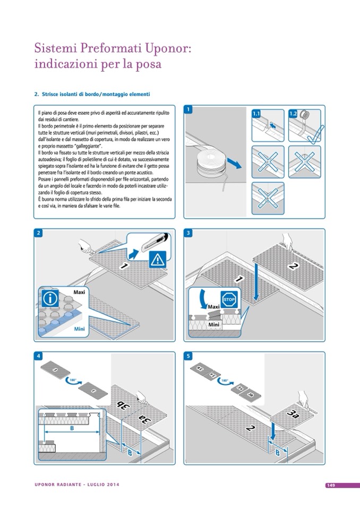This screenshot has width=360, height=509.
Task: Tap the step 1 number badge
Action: (x=188, y=109)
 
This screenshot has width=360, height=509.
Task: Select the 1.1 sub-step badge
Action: (x=257, y=113)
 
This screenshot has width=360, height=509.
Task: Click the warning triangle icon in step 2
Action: (x=157, y=259)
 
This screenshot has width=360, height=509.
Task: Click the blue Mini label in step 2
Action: (x=78, y=329)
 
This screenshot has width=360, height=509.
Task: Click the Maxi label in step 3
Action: (x=213, y=306)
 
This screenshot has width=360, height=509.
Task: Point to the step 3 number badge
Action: (x=188, y=233)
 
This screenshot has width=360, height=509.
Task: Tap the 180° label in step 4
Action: (x=73, y=379)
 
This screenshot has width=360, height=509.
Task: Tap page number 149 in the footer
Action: (x=329, y=485)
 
